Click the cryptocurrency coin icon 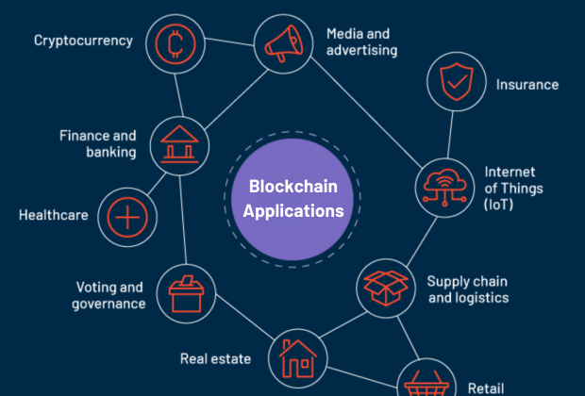coord(175,44)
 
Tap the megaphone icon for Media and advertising coord(284,43)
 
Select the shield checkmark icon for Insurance coord(457,82)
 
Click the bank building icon coord(179,144)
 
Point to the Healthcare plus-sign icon coord(127,218)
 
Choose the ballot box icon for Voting coord(186,294)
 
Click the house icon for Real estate coord(298,358)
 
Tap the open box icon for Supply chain coord(386,289)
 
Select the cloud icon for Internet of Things coord(444,188)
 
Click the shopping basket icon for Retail coord(426,384)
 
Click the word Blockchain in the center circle coord(293,187)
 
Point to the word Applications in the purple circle coord(293,211)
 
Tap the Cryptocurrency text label coord(83,41)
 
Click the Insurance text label coord(527,85)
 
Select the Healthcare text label coord(54,215)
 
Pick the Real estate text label coord(215,358)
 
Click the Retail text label coord(486,388)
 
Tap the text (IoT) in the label coord(498,205)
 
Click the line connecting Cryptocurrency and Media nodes coord(229,41)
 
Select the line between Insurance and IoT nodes coord(450,135)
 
